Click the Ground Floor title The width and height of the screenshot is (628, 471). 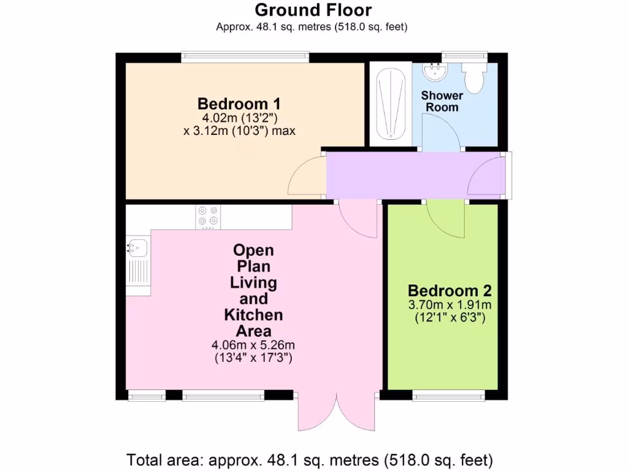[313, 10]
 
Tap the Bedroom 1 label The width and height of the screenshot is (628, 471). [239, 103]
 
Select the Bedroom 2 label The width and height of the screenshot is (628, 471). [450, 290]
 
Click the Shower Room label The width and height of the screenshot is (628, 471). [442, 101]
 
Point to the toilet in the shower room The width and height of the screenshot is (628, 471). [474, 77]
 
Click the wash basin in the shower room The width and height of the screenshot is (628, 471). [437, 72]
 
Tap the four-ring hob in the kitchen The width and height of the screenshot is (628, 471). [208, 216]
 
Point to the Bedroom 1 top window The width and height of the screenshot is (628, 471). [245, 57]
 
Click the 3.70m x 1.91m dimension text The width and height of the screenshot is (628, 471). [450, 305]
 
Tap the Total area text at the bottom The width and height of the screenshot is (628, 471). [309, 459]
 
